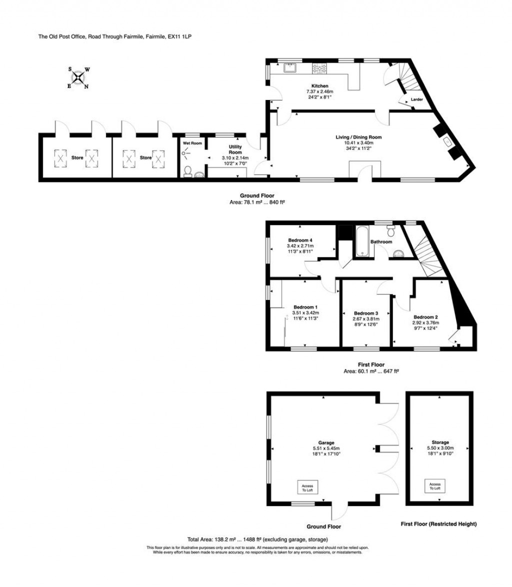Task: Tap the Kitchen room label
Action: pyautogui.click(x=319, y=86)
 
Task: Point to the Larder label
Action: pyautogui.click(x=417, y=99)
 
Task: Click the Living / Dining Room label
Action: pyautogui.click(x=355, y=136)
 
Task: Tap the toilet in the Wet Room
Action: pyautogui.click(x=187, y=172)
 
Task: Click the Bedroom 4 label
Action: pyautogui.click(x=300, y=240)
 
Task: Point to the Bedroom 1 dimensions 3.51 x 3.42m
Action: pyautogui.click(x=305, y=313)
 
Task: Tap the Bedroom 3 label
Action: pyautogui.click(x=366, y=313)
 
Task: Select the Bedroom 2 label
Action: pyautogui.click(x=425, y=317)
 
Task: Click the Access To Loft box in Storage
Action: pyautogui.click(x=435, y=486)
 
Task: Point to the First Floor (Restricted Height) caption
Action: pyautogui.click(x=438, y=524)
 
